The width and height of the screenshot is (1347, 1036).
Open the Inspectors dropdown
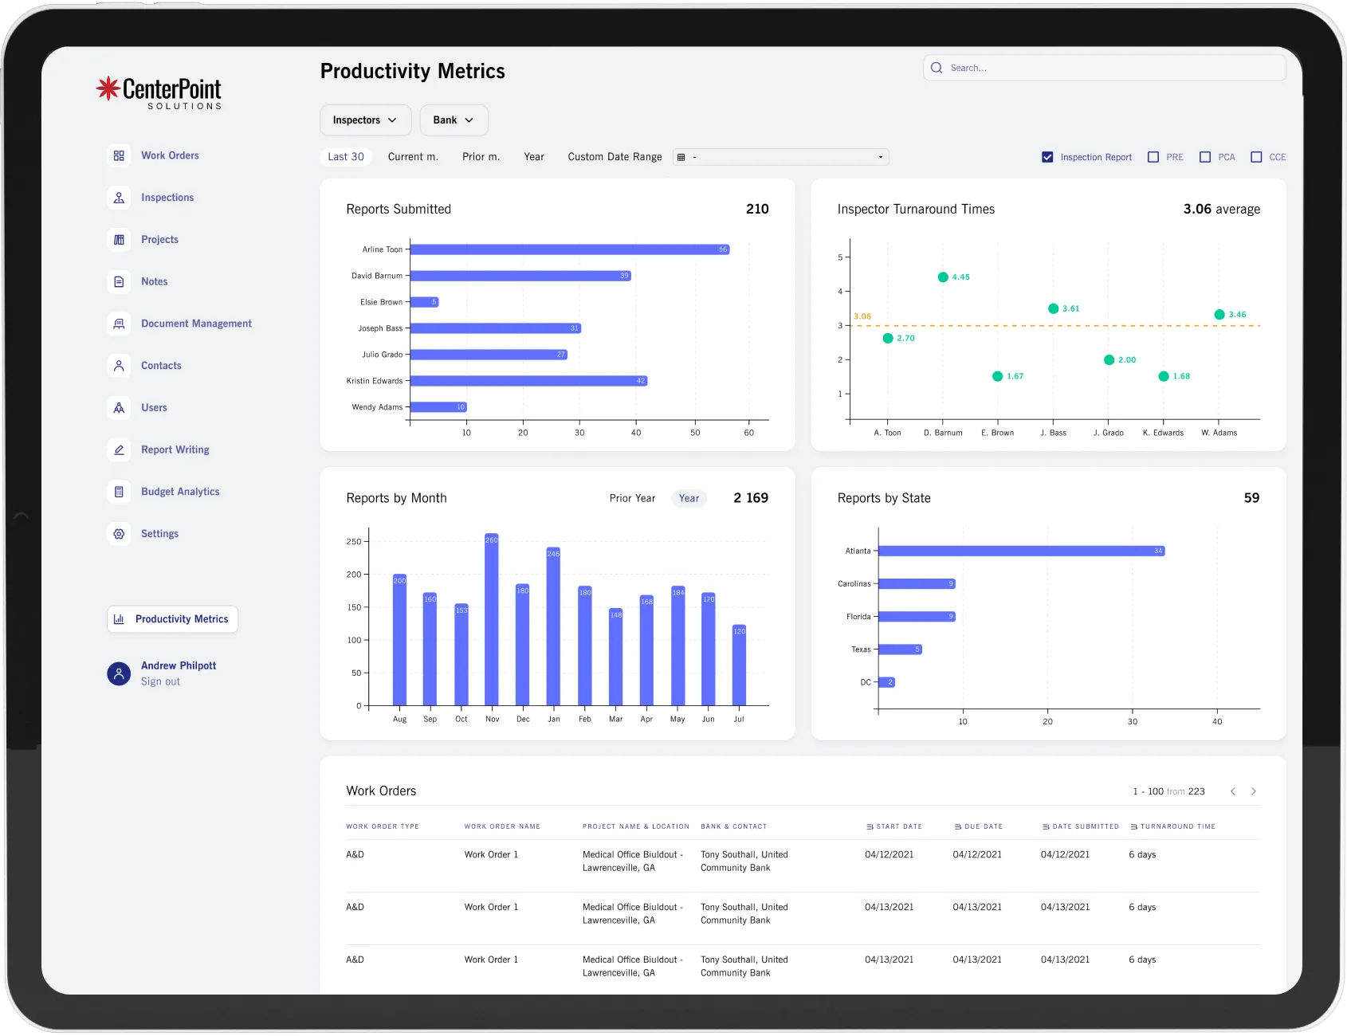pyautogui.click(x=365, y=120)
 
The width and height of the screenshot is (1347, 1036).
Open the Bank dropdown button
pyautogui.click(x=454, y=120)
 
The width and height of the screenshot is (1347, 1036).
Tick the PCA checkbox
pyautogui.click(x=1205, y=157)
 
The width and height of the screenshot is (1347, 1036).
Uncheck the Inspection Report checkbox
pyautogui.click(x=1047, y=157)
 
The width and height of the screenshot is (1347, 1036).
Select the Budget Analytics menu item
pyautogui.click(x=180, y=492)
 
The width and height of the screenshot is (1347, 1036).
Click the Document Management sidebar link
pyautogui.click(x=196, y=324)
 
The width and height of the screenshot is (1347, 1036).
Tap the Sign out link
pyautogui.click(x=160, y=681)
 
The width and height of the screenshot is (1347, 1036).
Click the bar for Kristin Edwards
pyautogui.click(x=528, y=381)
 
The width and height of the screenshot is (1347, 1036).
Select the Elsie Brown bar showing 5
pyautogui.click(x=423, y=302)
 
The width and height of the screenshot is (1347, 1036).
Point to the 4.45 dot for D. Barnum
pyautogui.click(x=943, y=277)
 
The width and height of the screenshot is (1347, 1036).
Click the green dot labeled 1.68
pyautogui.click(x=1164, y=376)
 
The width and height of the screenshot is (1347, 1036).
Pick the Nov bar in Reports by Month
pyautogui.click(x=492, y=619)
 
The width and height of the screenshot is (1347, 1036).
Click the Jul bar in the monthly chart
pyautogui.click(x=739, y=665)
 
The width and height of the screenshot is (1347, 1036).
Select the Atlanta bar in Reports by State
pyautogui.click(x=1020, y=551)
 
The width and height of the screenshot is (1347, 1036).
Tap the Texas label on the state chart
pyautogui.click(x=861, y=649)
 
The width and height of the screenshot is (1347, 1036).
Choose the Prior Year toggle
pyautogui.click(x=632, y=498)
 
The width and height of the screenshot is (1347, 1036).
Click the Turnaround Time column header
pyautogui.click(x=1177, y=826)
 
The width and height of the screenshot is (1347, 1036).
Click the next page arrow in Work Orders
pyautogui.click(x=1254, y=791)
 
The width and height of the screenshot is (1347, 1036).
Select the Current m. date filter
pyautogui.click(x=413, y=157)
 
